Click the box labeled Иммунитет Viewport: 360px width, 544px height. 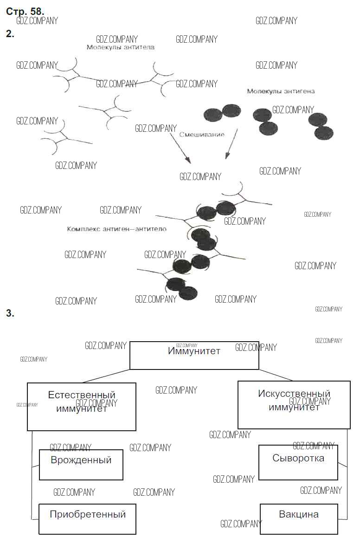(x=194, y=356)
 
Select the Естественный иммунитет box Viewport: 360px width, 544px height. (x=82, y=407)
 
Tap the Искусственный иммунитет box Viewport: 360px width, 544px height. (x=294, y=405)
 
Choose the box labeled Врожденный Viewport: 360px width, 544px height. (x=81, y=465)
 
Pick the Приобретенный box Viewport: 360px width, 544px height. (x=87, y=518)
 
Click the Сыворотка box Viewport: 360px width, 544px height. (x=298, y=462)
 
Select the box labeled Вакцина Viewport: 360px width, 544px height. (x=299, y=518)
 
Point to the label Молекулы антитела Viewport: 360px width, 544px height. (x=120, y=47)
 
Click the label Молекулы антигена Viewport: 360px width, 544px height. (x=281, y=91)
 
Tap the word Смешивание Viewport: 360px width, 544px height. (x=202, y=135)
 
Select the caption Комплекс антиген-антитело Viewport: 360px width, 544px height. (x=116, y=229)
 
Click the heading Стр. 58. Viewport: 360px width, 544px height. (x=25, y=12)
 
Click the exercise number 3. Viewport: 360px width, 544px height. (x=10, y=313)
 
